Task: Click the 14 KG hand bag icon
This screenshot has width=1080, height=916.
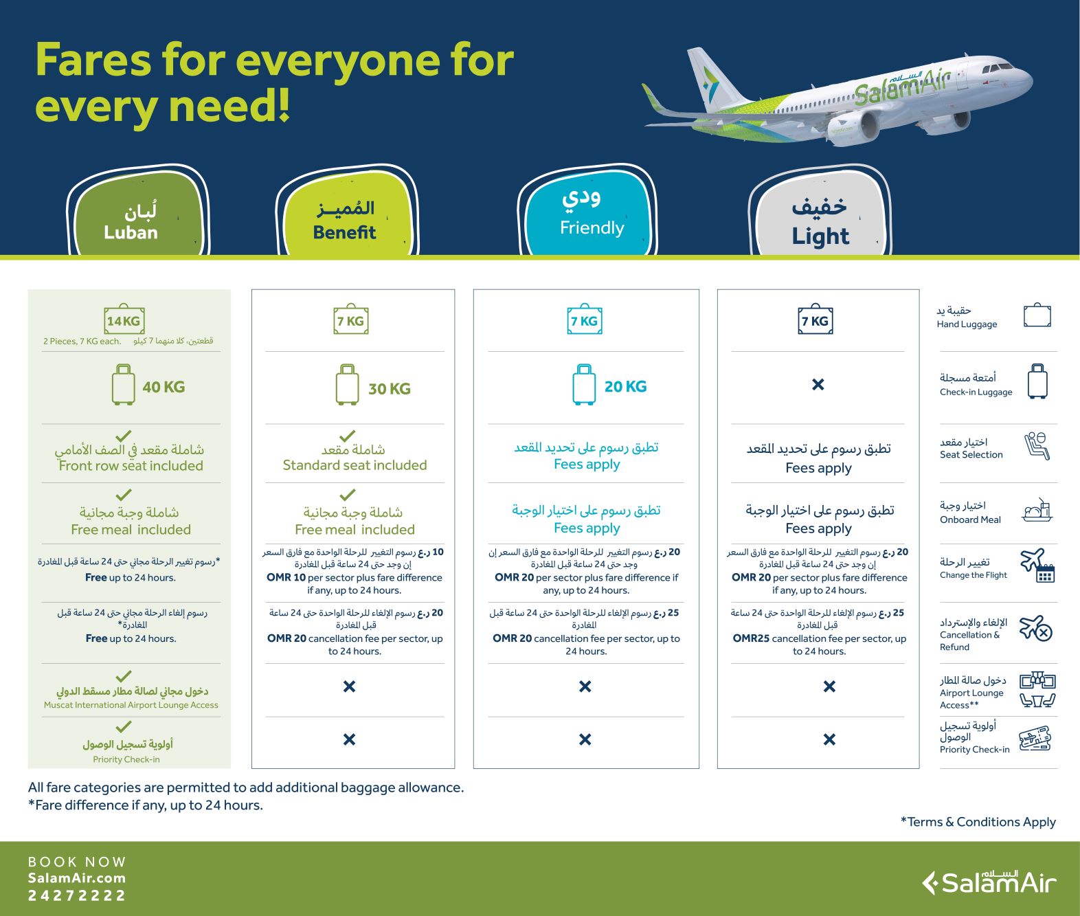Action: (x=124, y=320)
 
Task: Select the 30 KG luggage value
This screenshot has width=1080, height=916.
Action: (x=390, y=388)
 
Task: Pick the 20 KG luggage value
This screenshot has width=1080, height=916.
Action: (x=625, y=386)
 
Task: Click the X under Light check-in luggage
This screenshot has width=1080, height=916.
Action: (x=818, y=385)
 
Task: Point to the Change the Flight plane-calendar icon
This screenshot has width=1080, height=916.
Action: (x=1037, y=565)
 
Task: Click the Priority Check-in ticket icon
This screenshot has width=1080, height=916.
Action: (x=1035, y=738)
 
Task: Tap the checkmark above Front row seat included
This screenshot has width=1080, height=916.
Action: (x=123, y=435)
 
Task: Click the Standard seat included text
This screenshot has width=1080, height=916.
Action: (x=355, y=465)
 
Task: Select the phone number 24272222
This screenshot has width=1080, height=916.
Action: (x=77, y=895)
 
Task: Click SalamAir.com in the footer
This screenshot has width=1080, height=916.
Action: (x=77, y=878)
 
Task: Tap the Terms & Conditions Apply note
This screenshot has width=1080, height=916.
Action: (x=978, y=822)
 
